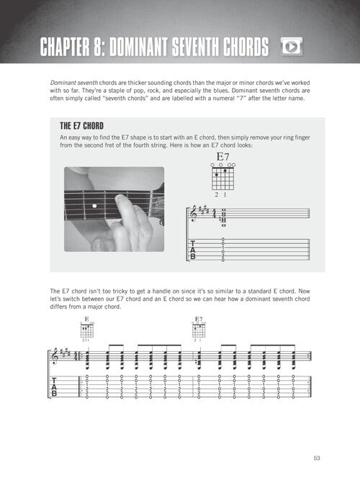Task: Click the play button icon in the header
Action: point(291,47)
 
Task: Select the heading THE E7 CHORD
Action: point(82,126)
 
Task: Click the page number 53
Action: point(317,458)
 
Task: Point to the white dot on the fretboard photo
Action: point(94,206)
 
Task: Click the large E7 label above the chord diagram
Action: point(222,157)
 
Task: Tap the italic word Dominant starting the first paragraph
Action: point(63,83)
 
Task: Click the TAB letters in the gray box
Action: point(193,250)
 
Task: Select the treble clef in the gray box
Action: point(194,214)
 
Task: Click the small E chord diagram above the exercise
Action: point(87,330)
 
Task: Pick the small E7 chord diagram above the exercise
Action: point(199,330)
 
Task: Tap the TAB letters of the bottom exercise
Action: point(54,387)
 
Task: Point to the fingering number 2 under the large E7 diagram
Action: point(217,194)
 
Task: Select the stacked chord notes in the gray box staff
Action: point(223,217)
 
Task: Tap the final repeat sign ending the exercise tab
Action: point(309,387)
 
